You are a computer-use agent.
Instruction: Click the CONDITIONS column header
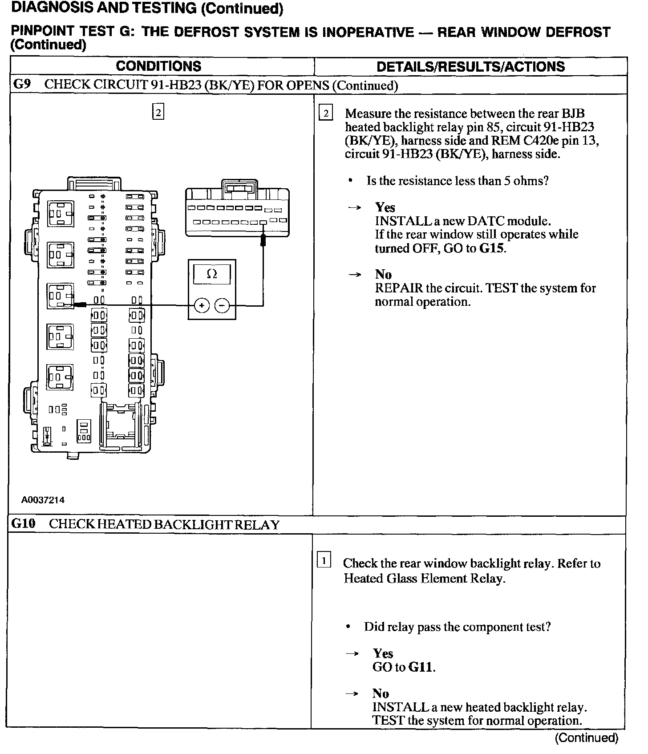point(158,66)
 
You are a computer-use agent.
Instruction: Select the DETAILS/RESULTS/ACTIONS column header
point(470,67)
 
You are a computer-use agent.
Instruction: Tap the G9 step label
point(22,85)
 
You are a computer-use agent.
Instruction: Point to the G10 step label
point(23,523)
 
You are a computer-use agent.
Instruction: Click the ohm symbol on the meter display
point(212,274)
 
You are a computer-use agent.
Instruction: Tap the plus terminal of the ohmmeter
point(202,305)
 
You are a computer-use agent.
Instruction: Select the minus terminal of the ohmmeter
point(222,305)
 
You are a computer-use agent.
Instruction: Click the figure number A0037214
point(43,500)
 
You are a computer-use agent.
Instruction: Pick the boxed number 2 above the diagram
point(158,111)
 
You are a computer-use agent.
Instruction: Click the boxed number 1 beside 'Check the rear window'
point(324,560)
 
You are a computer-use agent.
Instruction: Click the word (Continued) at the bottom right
point(586,738)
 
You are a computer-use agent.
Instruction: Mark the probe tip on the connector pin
point(263,240)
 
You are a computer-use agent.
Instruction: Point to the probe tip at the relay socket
point(80,305)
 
